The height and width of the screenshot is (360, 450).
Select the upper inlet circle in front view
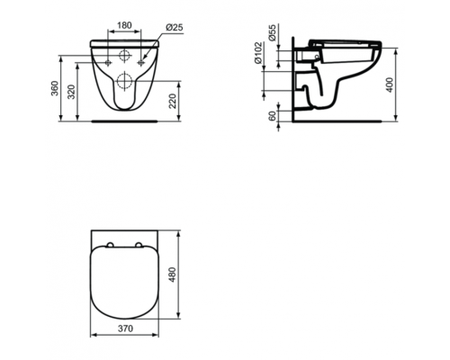pos(125,55)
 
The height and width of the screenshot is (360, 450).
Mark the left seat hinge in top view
pos(109,246)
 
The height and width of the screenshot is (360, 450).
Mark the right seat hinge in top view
pos(141,246)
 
